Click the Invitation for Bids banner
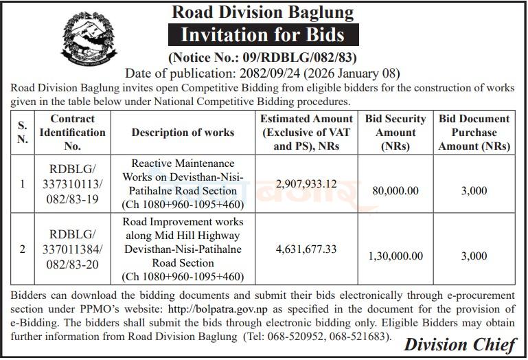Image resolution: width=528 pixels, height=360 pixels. pyautogui.click(x=263, y=34)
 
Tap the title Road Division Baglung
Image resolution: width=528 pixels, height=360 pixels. pyautogui.click(x=263, y=12)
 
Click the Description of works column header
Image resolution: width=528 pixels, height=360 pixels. pyautogui.click(x=183, y=132)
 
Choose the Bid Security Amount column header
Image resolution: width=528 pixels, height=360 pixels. pyautogui.click(x=396, y=132)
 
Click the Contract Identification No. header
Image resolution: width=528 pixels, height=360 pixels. pyautogui.click(x=73, y=132)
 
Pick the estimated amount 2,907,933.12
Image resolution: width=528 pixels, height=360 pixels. pyautogui.click(x=306, y=184)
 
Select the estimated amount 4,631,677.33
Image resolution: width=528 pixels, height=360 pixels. pyautogui.click(x=306, y=249)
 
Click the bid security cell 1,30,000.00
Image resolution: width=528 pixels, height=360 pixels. pyautogui.click(x=396, y=256)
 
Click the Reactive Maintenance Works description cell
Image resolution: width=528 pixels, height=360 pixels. pyautogui.click(x=183, y=184)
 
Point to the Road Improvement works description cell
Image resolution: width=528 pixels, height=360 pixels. pyautogui.click(x=183, y=249)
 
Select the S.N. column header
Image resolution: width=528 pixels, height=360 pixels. pyautogui.click(x=23, y=132)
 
